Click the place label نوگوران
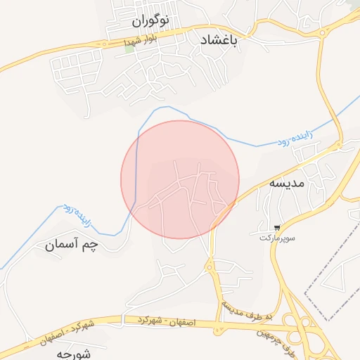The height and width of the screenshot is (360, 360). [x=150, y=21]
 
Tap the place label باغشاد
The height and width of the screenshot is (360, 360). [x=220, y=41]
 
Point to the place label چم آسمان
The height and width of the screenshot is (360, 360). [x=70, y=245]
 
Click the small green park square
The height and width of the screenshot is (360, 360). [x=129, y=49]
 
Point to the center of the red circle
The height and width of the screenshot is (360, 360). [x=180, y=179]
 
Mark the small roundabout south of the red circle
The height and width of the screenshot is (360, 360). [x=209, y=266]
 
